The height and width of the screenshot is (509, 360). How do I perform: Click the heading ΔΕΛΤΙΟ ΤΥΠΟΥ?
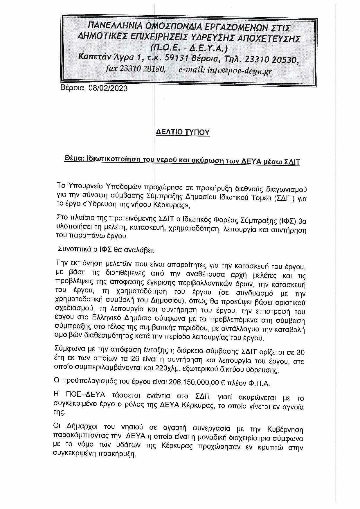click(x=182, y=132)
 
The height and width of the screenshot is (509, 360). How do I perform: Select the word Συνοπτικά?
click(x=73, y=249)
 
